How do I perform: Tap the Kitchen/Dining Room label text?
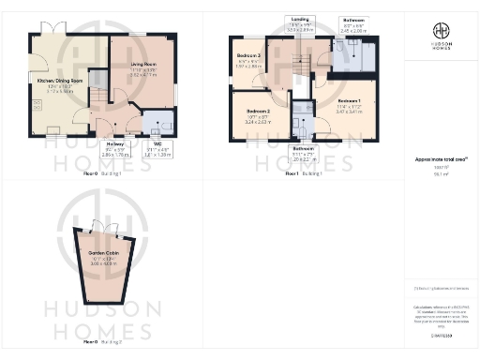[59, 82]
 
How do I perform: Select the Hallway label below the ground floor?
[113, 142]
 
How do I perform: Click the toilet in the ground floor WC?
[154, 121]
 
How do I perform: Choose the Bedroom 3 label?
[247, 56]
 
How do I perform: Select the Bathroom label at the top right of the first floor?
[352, 18]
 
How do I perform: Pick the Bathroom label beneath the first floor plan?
[302, 148]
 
